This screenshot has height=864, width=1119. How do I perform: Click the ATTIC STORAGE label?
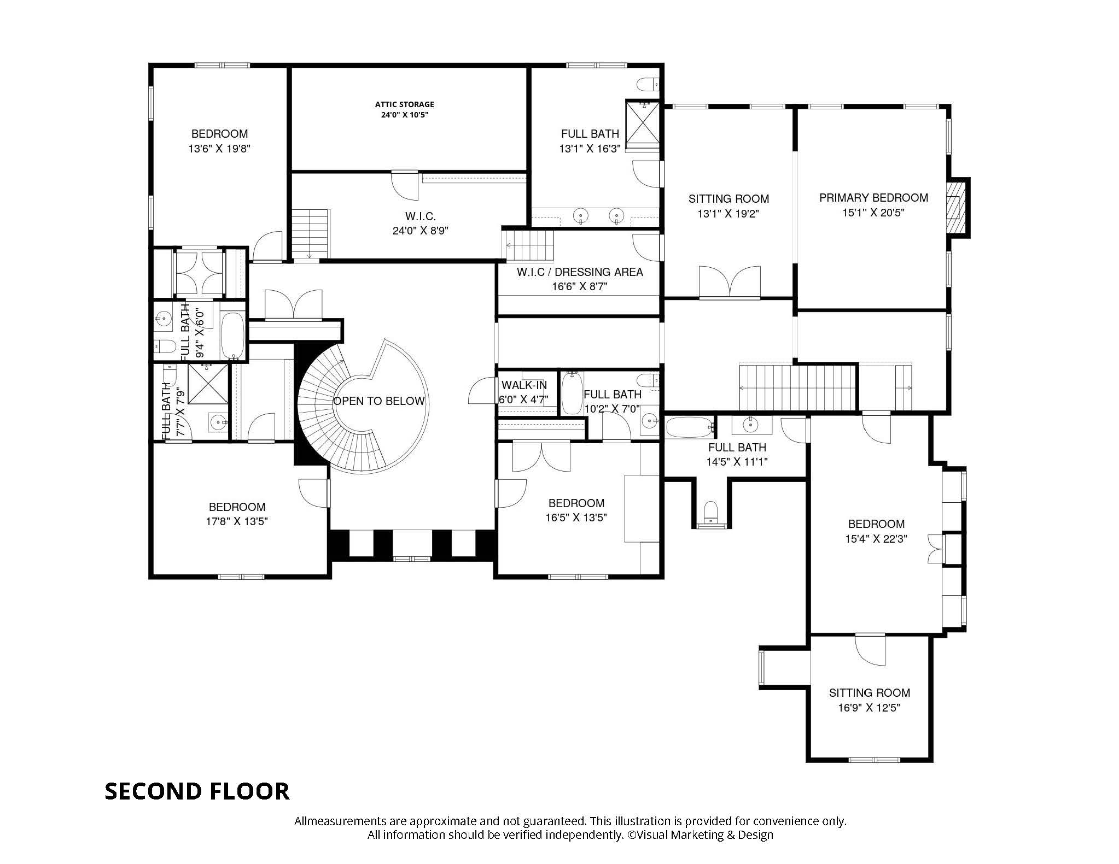pyautogui.click(x=404, y=104)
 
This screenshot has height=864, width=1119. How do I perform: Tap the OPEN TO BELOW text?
pyautogui.click(x=379, y=401)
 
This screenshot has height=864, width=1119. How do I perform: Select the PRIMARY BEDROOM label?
pyautogui.click(x=873, y=198)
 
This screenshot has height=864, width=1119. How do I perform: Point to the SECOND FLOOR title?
pyautogui.click(x=197, y=791)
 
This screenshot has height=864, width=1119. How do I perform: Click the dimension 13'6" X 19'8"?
pyautogui.click(x=219, y=149)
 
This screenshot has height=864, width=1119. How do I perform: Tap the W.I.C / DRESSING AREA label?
pyautogui.click(x=580, y=272)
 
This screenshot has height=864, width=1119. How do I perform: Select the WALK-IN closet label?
pyautogui.click(x=524, y=385)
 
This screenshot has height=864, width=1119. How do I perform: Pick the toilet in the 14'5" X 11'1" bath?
pyautogui.click(x=712, y=512)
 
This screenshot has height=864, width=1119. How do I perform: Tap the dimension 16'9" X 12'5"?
pyautogui.click(x=869, y=708)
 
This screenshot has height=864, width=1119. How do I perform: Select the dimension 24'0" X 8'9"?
pyautogui.click(x=420, y=231)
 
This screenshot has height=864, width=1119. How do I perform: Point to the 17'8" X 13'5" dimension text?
pyautogui.click(x=237, y=521)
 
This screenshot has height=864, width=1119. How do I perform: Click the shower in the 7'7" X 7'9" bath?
pyautogui.click(x=208, y=384)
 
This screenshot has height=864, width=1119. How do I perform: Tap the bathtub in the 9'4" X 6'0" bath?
pyautogui.click(x=234, y=336)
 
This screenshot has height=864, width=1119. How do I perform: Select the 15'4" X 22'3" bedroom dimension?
pyautogui.click(x=876, y=539)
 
